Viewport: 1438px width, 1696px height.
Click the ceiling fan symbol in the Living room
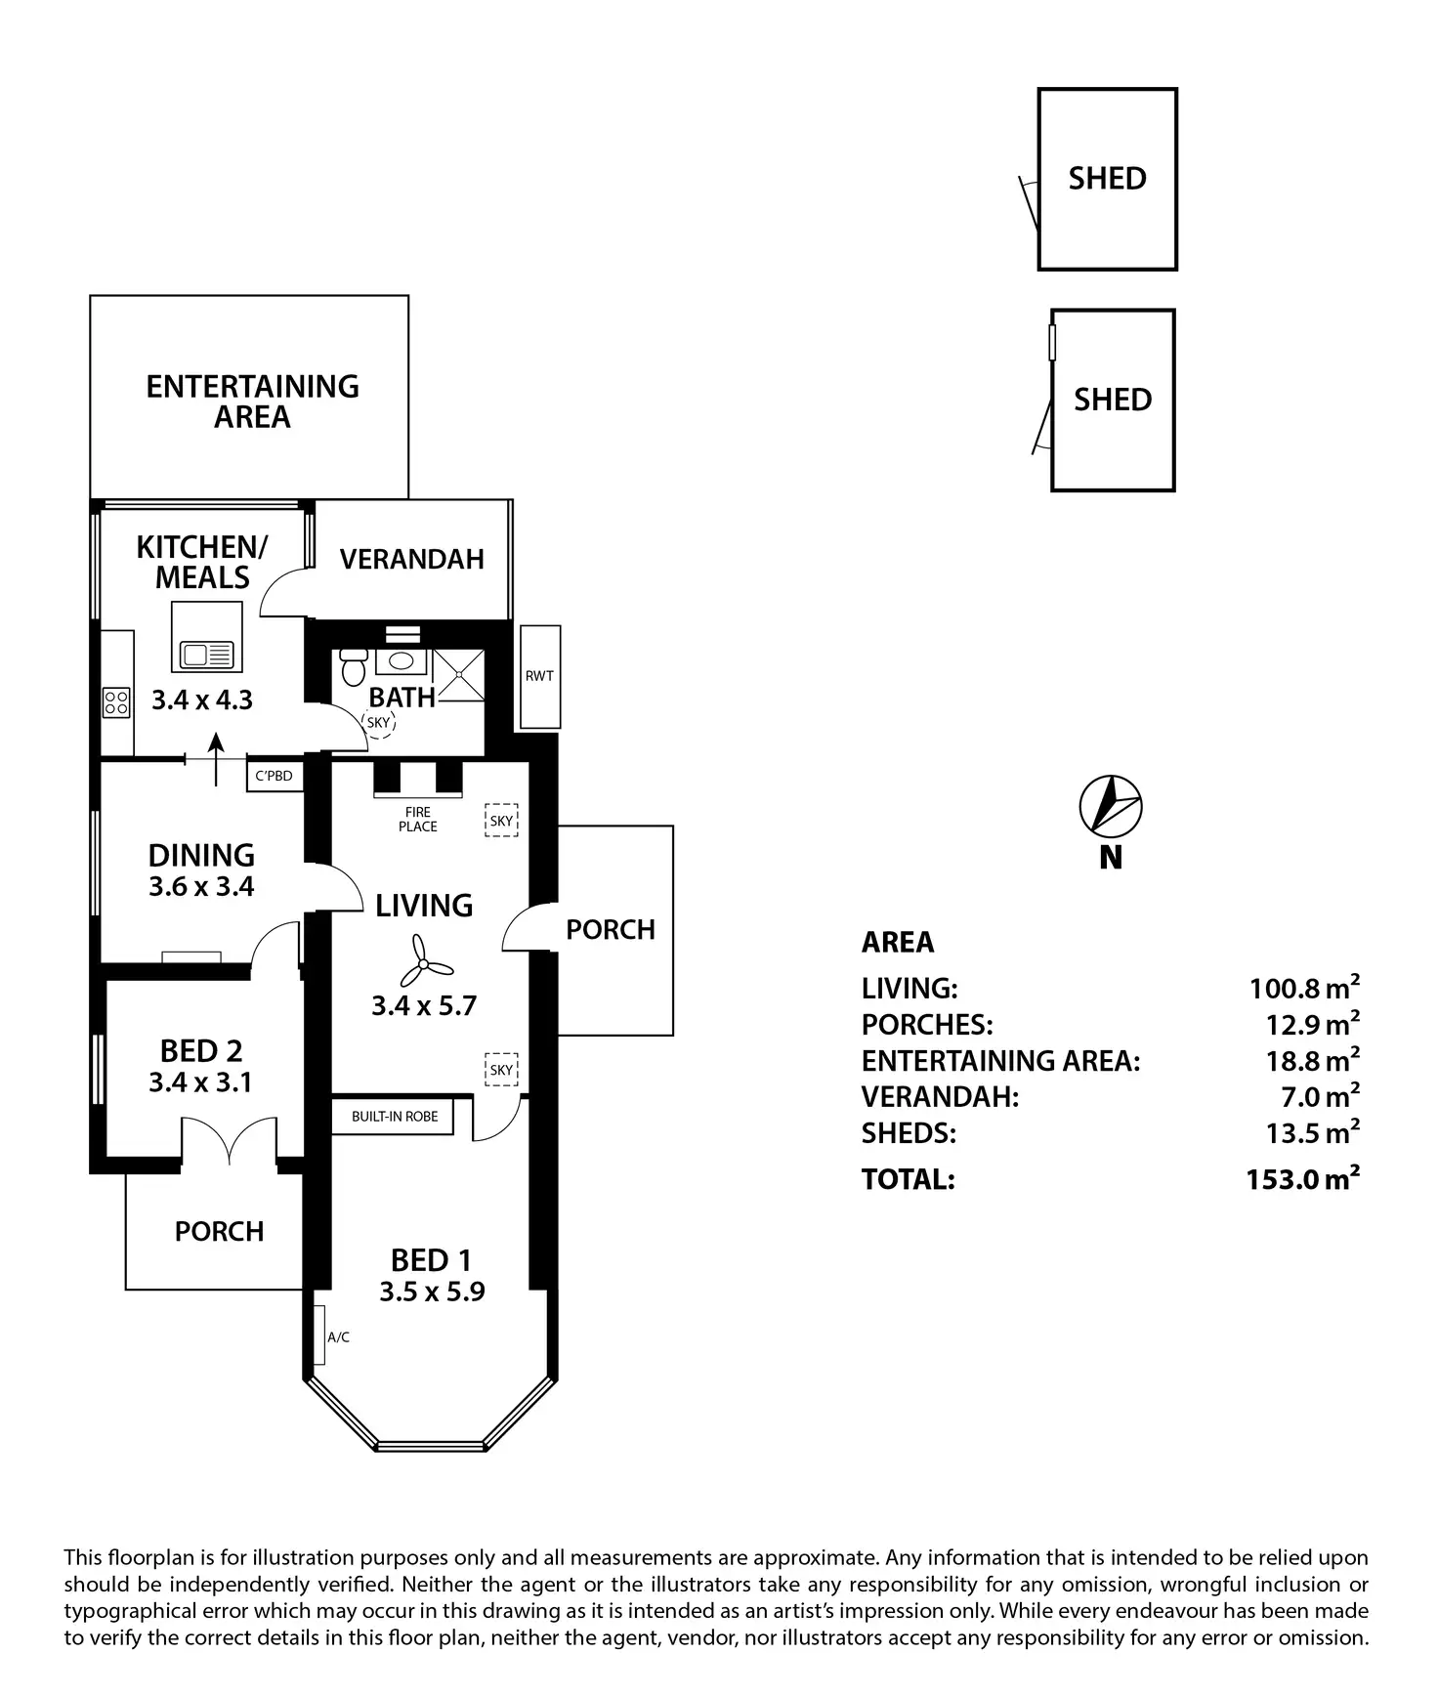pos(422,961)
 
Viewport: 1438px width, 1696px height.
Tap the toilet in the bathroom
pos(354,667)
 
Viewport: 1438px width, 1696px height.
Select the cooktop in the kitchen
pos(117,701)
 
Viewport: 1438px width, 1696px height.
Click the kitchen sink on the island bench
pos(206,654)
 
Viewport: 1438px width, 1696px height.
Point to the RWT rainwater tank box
pos(539,676)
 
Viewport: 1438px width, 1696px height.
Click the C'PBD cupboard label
pos(274,777)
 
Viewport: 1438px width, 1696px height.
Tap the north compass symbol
pos(1111,808)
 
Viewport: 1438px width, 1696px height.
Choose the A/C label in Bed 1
pos(338,1337)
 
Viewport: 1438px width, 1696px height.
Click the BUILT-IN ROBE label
pos(395,1117)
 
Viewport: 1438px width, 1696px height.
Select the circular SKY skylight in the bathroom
pos(378,723)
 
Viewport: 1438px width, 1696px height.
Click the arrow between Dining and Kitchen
pos(216,759)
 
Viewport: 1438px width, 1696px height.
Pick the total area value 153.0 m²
pos(1302,1178)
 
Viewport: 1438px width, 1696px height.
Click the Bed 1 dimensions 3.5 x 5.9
pos(432,1292)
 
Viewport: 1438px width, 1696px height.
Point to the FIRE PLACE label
pos(417,819)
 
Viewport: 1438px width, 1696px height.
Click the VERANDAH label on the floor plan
pos(412,559)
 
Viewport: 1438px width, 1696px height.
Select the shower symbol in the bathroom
pos(458,675)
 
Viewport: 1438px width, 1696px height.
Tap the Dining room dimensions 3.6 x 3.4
pos(201,886)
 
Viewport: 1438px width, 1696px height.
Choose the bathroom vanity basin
pos(401,660)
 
